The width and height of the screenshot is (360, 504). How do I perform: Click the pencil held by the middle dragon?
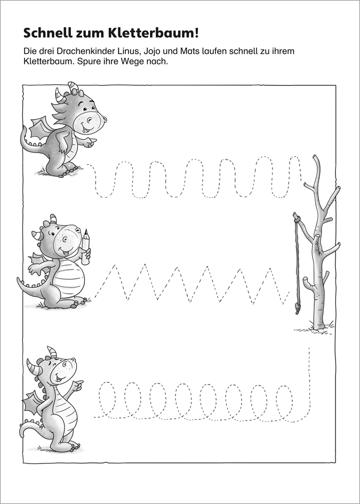(x=85, y=247)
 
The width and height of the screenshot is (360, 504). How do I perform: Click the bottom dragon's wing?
(x=33, y=403)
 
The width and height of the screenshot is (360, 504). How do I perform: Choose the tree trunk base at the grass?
(x=319, y=325)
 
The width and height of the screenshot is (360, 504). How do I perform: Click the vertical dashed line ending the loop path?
(x=309, y=376)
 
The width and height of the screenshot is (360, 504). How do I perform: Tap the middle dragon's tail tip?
(x=19, y=281)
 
